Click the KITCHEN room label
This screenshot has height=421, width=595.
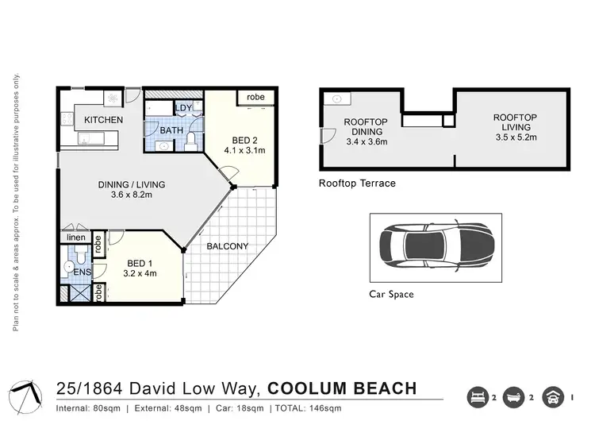pos(103,120)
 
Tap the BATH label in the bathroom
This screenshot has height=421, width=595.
pos(172,129)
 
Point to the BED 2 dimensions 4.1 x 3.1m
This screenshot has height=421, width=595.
pos(244,149)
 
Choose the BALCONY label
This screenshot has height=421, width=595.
pos(227,246)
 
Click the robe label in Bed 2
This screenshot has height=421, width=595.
pos(255,97)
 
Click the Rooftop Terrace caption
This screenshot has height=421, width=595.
pos(356,183)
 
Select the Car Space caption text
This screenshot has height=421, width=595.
pos(391,294)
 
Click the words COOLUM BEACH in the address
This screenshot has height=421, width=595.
pos(342,388)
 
